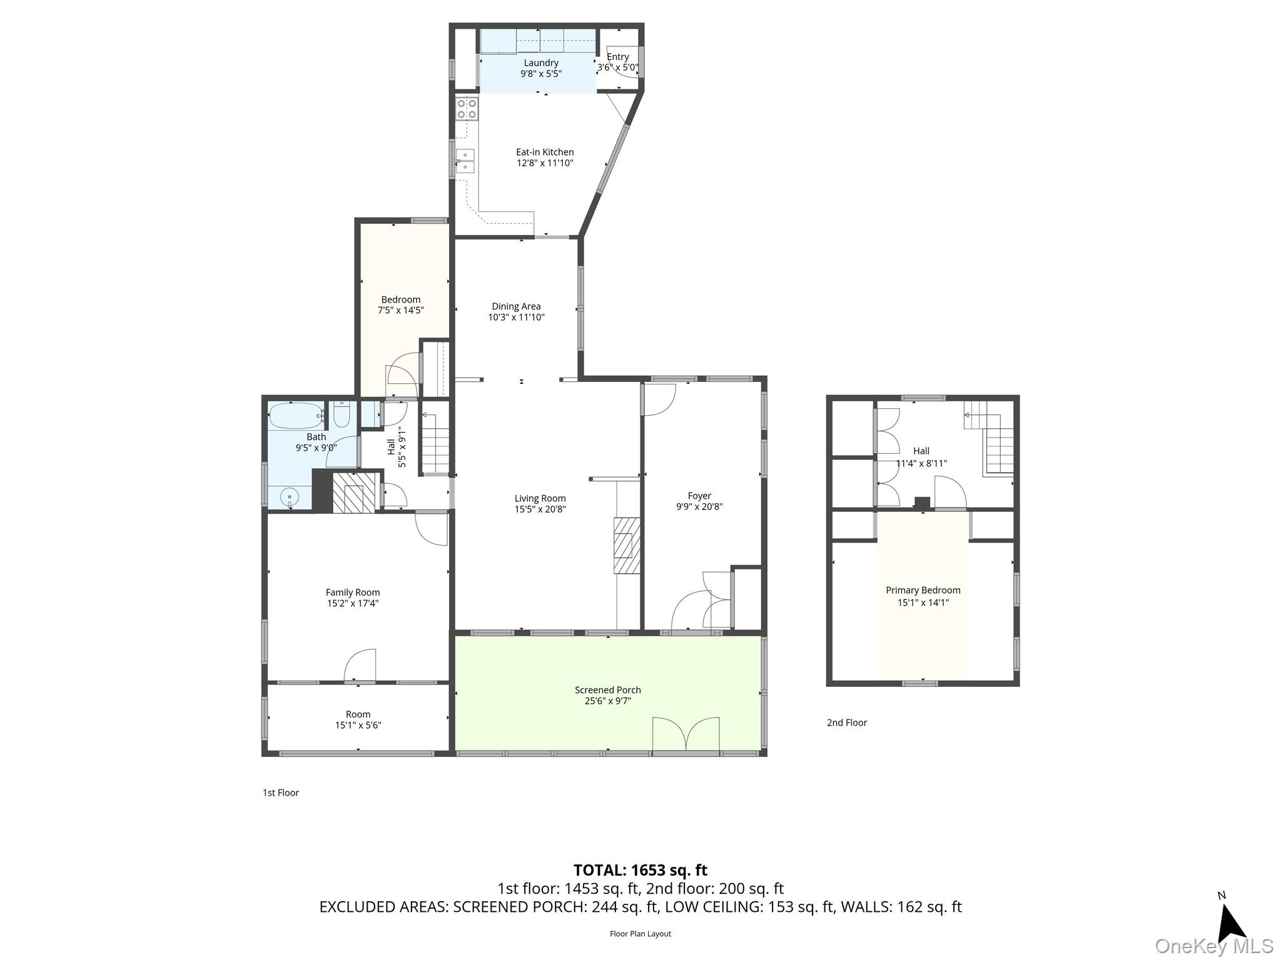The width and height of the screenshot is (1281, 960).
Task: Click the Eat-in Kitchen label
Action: (544, 152)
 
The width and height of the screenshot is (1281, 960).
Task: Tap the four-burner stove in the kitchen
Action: (467, 109)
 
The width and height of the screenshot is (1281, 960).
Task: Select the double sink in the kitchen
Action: (465, 161)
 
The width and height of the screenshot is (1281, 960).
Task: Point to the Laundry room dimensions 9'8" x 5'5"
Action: (541, 74)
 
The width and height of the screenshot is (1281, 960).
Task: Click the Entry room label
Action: (617, 57)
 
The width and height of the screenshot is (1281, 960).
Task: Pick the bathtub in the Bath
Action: (295, 415)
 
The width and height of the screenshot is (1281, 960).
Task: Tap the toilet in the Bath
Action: (342, 414)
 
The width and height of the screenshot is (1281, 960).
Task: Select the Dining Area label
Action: (516, 306)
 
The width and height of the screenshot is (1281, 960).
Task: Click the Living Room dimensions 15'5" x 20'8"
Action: (540, 509)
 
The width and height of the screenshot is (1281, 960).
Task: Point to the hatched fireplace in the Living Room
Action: (627, 545)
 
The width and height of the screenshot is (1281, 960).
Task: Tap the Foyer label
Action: (699, 496)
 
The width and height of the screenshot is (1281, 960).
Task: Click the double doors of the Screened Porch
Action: (686, 734)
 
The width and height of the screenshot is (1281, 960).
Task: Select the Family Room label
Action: (352, 592)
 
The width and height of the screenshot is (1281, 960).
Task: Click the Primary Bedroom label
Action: (923, 590)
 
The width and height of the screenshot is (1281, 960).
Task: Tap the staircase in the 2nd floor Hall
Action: (998, 445)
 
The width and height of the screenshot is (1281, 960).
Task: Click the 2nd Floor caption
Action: (846, 722)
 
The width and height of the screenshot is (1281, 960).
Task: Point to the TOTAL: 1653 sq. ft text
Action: (640, 870)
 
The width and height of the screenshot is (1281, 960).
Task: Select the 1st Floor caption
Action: (281, 792)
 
